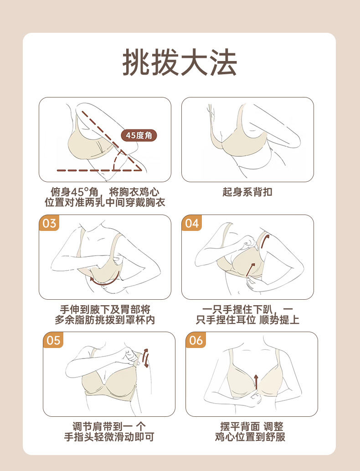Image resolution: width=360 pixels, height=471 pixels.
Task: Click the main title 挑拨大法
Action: click(x=180, y=62)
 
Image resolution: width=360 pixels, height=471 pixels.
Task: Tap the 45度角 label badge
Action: click(x=139, y=135)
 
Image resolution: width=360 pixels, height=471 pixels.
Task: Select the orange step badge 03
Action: click(x=49, y=223)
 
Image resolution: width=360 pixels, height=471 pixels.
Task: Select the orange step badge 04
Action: click(x=192, y=223)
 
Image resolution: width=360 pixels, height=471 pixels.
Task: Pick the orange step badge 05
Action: click(x=53, y=340)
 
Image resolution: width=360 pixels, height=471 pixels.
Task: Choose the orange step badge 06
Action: click(x=196, y=340)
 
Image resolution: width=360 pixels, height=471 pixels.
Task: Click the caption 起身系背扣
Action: click(x=247, y=192)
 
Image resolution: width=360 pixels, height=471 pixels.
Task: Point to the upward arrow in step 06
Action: click(x=256, y=381)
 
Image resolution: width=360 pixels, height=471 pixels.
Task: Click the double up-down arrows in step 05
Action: click(x=146, y=358)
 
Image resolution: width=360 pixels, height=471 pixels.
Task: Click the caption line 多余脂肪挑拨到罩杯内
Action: click(x=105, y=320)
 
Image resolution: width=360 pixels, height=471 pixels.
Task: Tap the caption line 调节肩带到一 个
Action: click(x=109, y=426)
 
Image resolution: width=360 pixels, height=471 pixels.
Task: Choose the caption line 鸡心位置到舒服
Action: click(x=250, y=437)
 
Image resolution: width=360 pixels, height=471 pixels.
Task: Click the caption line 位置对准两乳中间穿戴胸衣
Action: click(x=105, y=202)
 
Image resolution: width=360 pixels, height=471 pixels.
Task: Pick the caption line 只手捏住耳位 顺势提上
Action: click(x=247, y=320)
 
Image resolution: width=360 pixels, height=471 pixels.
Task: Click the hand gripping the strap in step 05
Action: click(x=132, y=357)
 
